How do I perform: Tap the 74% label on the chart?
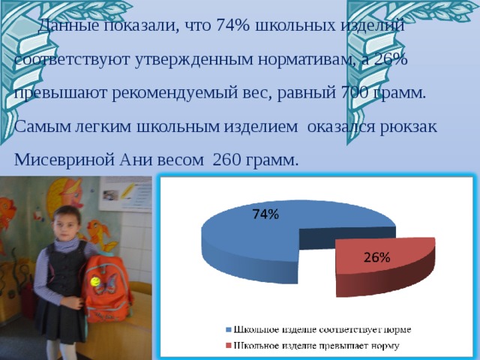(265, 214)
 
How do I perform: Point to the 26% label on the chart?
(376, 257)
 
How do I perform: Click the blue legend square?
(228, 330)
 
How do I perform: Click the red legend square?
(228, 346)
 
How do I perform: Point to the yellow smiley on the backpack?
(95, 281)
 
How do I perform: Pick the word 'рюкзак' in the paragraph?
(405, 127)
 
